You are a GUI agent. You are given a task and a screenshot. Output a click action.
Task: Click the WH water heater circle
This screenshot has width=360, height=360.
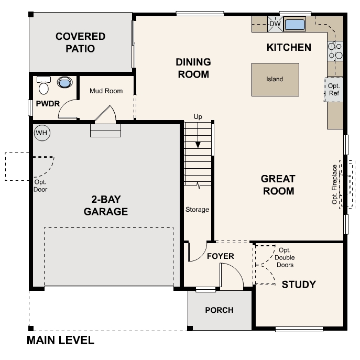click(x=41, y=133)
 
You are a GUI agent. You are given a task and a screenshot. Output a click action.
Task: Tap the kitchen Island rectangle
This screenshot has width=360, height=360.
click(x=275, y=80)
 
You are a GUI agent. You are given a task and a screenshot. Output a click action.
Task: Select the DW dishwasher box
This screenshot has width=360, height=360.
click(x=275, y=24)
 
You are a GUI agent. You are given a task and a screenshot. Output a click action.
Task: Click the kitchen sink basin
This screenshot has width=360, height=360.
click(x=294, y=24)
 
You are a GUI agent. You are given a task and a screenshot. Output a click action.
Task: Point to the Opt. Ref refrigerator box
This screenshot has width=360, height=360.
click(x=334, y=90)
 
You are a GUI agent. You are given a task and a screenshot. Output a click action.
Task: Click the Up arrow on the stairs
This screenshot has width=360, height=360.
click(x=198, y=136)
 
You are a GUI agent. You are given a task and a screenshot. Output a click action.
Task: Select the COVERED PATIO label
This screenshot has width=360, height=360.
click(x=80, y=42)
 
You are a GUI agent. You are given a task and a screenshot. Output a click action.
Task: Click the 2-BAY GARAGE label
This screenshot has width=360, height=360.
click(x=106, y=205)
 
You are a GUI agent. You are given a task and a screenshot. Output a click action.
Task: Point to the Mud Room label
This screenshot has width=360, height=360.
click(x=106, y=91)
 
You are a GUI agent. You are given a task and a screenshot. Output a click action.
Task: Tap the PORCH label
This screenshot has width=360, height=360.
click(x=219, y=310)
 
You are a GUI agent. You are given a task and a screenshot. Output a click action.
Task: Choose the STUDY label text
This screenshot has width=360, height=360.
click(x=299, y=285)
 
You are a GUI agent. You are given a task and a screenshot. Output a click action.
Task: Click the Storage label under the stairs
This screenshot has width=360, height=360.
click(x=197, y=210)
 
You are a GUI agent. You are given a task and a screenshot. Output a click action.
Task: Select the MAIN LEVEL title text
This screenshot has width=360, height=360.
click(x=60, y=341)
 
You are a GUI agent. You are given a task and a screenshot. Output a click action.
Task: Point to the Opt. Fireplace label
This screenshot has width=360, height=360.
click(x=334, y=184)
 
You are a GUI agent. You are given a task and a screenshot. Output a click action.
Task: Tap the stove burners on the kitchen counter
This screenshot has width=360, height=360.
click(x=334, y=50)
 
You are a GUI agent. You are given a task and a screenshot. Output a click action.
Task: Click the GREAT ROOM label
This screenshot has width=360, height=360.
click(x=278, y=185)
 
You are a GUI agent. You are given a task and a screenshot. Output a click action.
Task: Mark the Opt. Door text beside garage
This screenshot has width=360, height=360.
click(x=40, y=186)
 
